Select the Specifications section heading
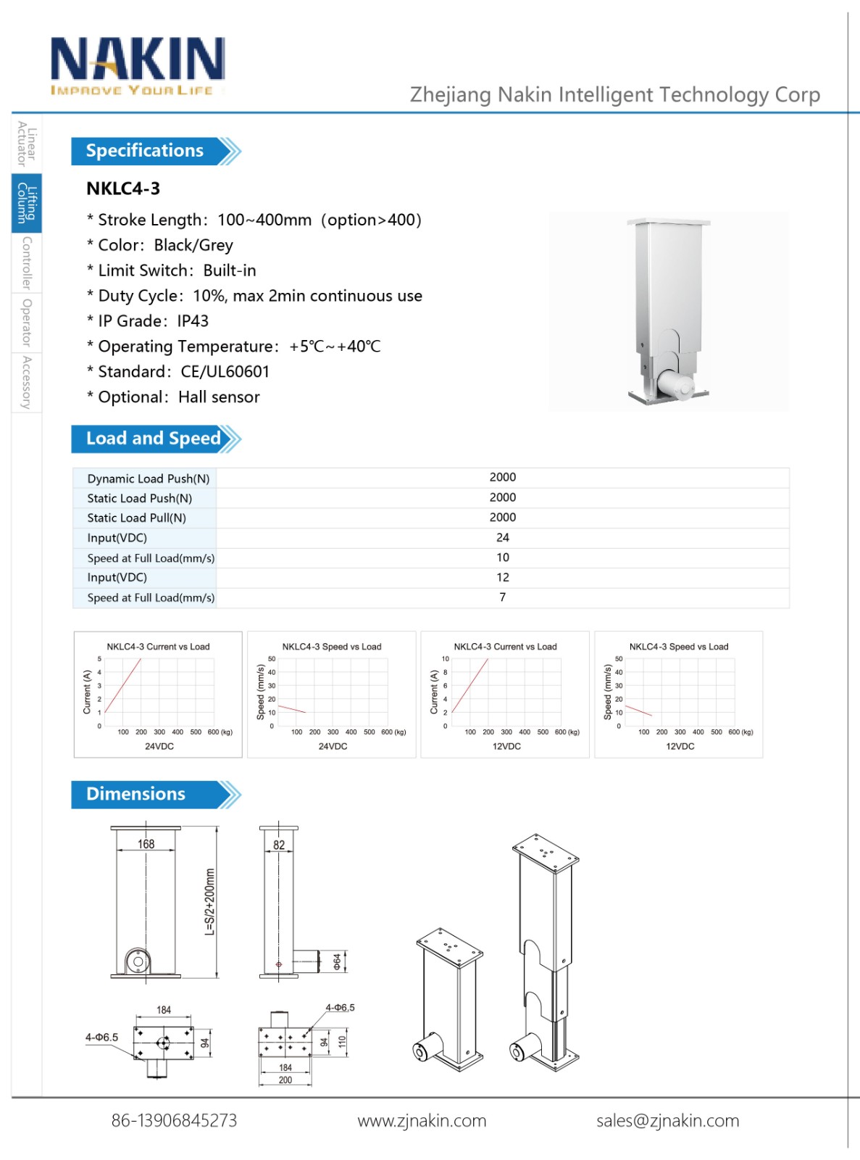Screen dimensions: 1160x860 click(x=145, y=151)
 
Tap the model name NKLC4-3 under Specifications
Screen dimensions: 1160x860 click(x=123, y=188)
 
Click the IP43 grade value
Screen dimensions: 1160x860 click(x=193, y=321)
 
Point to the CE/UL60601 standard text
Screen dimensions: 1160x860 click(x=225, y=372)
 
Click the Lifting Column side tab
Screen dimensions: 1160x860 click(x=27, y=203)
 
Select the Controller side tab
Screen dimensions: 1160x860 click(x=27, y=262)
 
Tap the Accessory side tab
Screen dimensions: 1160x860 click(x=27, y=382)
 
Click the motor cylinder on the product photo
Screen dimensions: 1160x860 click(x=675, y=384)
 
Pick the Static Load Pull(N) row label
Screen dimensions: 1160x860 click(x=136, y=518)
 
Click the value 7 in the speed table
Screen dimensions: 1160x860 click(x=502, y=597)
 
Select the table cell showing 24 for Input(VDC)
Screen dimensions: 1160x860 click(x=502, y=537)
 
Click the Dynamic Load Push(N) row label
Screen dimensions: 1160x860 click(x=148, y=478)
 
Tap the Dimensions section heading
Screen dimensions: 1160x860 click(x=136, y=794)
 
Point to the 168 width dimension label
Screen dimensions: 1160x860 click(x=146, y=844)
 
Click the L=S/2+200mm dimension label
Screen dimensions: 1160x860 click(x=210, y=902)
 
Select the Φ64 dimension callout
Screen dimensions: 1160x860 click(x=337, y=961)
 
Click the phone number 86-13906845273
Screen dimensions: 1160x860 click(x=174, y=1121)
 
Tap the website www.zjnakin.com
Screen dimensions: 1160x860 click(x=422, y=1121)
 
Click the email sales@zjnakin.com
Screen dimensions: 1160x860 click(x=667, y=1121)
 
